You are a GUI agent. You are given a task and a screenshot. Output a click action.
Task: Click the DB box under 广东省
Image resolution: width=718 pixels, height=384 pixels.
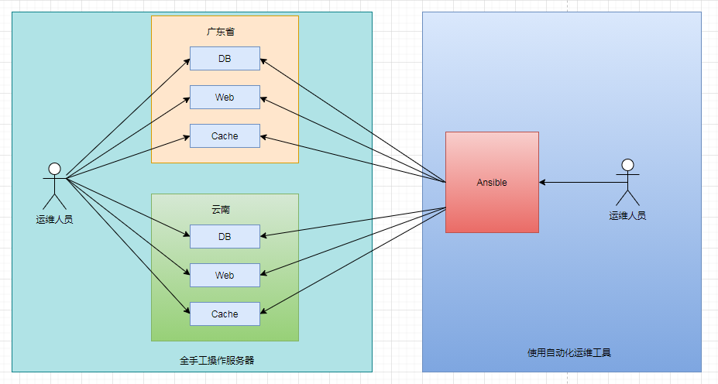click(225, 58)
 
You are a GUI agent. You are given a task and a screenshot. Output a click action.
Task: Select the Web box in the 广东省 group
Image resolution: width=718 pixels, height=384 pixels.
click(225, 98)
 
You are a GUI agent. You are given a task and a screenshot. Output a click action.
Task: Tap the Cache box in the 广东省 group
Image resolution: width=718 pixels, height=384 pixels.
click(225, 136)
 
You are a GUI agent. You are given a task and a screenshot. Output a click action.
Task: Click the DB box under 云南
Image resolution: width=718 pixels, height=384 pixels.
click(225, 236)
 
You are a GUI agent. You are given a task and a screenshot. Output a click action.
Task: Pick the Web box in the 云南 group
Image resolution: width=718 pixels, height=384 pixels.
click(225, 276)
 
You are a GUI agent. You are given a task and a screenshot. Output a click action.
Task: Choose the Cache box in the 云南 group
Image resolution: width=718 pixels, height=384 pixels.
click(225, 314)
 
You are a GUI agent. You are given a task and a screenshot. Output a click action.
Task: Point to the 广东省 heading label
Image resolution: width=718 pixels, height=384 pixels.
click(221, 32)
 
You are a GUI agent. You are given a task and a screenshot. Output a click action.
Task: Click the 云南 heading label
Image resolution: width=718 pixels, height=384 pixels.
click(221, 210)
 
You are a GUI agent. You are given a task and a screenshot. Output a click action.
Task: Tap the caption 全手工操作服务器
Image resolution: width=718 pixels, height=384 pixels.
click(217, 360)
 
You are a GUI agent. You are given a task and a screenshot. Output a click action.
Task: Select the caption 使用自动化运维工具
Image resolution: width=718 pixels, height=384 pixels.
click(569, 353)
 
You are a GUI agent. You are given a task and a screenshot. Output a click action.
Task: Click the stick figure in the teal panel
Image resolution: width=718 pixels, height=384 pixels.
click(54, 186)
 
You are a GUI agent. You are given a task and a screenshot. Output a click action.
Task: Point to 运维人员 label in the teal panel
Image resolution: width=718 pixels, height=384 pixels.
click(54, 220)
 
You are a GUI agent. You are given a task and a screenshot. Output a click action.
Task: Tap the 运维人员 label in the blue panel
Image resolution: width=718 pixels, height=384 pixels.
click(627, 216)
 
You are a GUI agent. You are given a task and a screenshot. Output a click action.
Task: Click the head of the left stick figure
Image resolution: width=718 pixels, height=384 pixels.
click(54, 168)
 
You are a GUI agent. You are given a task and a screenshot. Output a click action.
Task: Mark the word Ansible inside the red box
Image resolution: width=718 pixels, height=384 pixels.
click(492, 183)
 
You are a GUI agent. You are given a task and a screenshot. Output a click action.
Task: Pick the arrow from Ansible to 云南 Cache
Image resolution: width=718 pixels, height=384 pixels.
click(352, 260)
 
